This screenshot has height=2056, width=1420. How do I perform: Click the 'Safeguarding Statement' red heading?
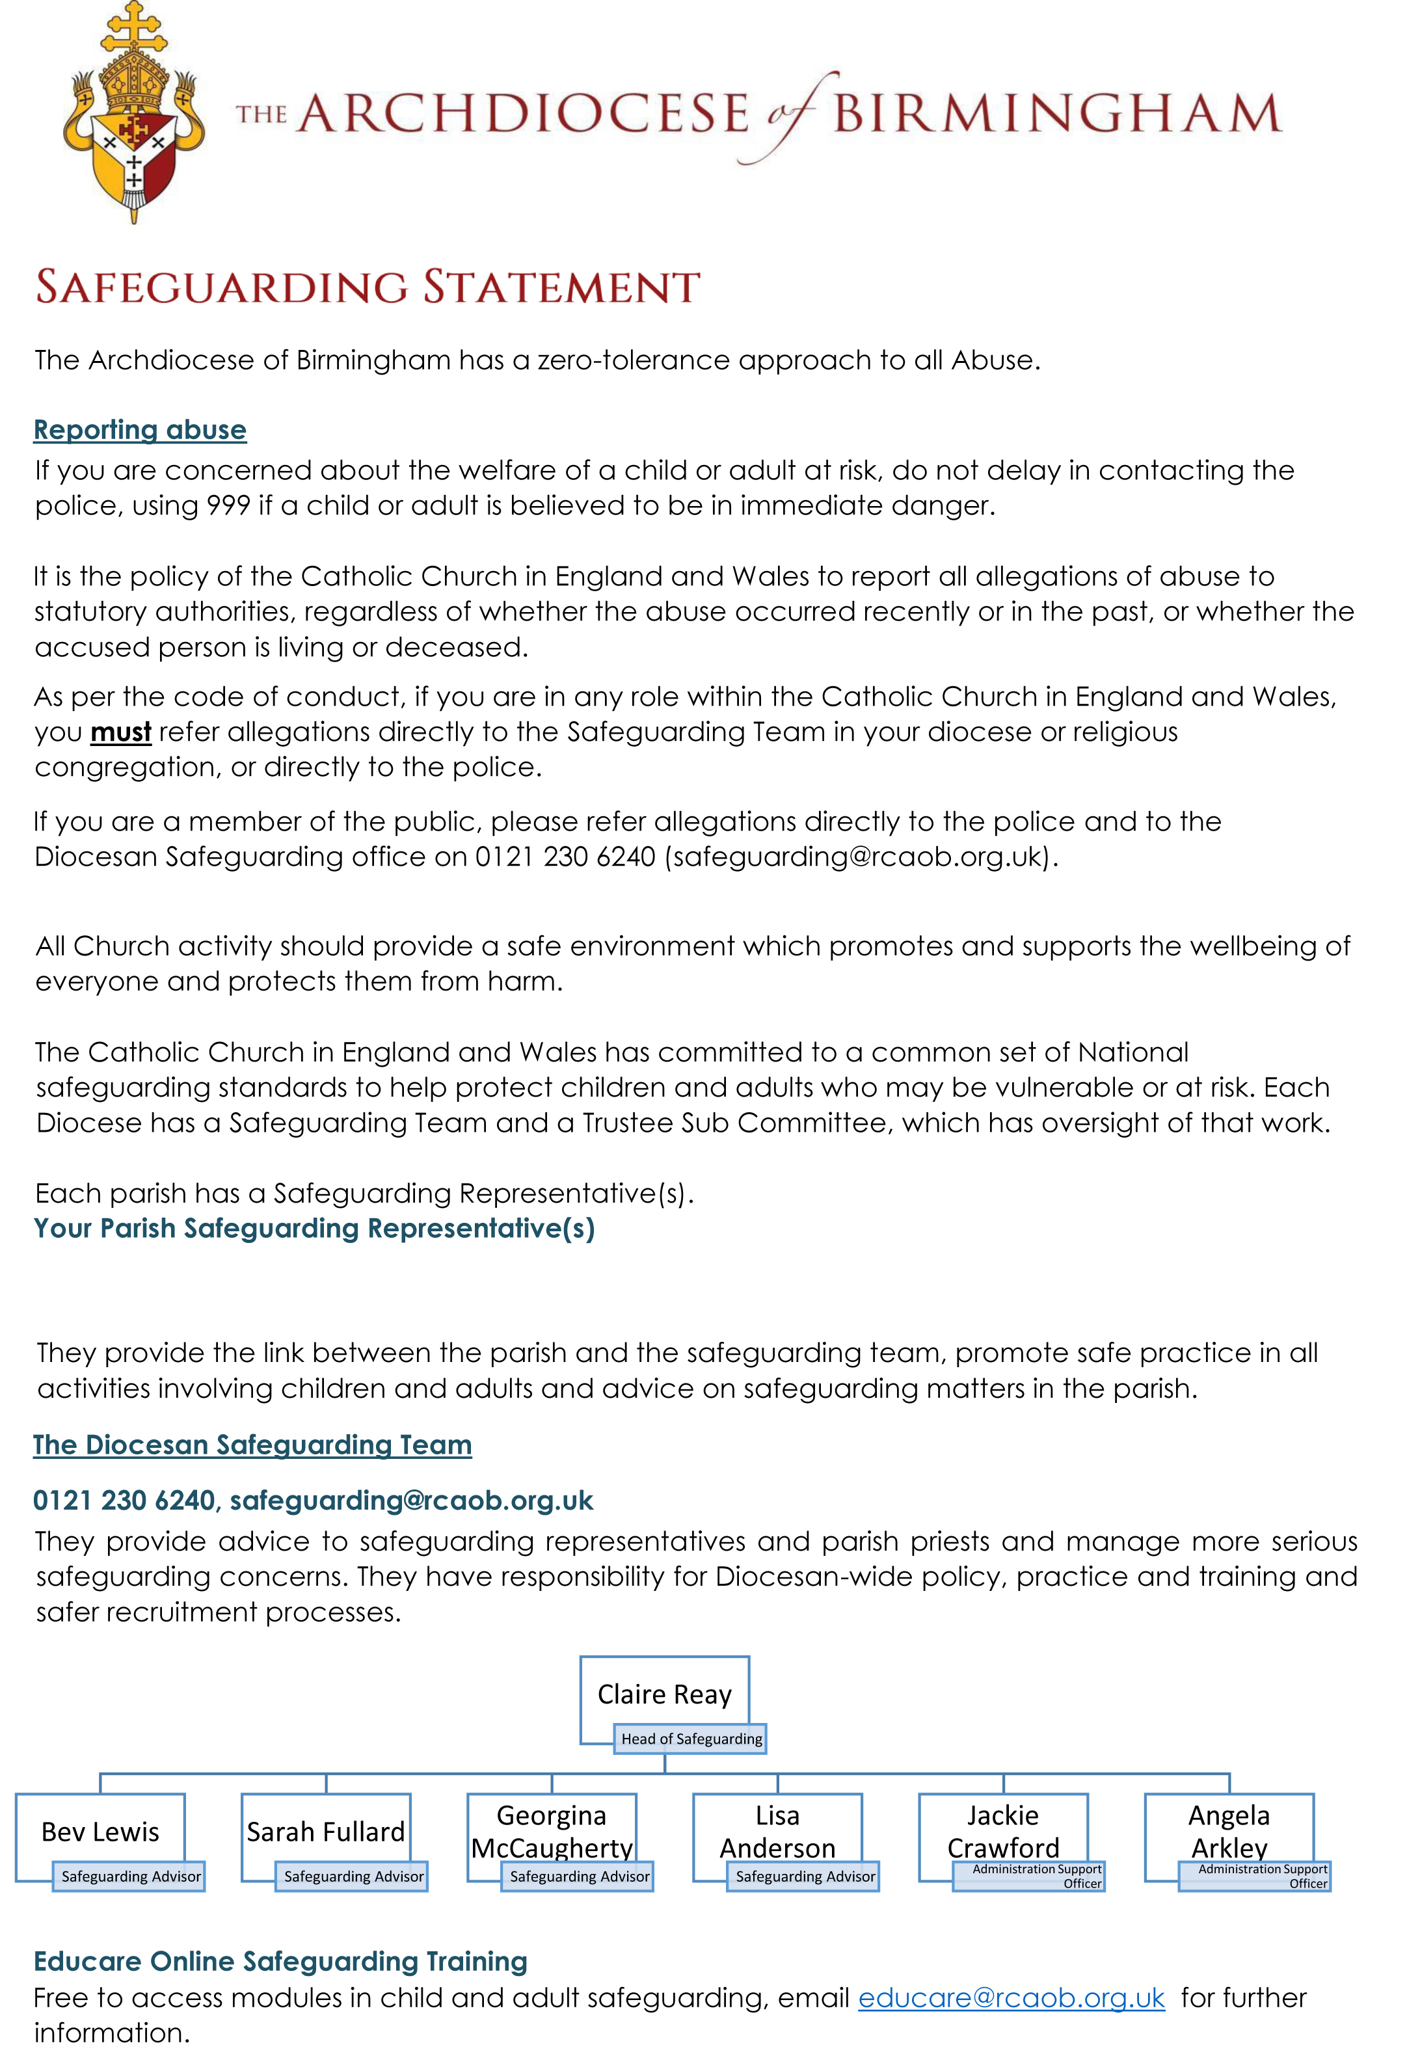[x=368, y=287]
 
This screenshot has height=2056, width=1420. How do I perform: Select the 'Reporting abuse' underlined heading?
[x=140, y=430]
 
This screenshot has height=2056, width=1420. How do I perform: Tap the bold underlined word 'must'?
[x=121, y=732]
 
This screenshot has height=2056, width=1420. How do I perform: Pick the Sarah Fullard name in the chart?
[x=326, y=1832]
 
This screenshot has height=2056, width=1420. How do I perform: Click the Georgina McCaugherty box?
[x=552, y=1830]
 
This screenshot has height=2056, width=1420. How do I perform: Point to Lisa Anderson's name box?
[x=777, y=1830]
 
